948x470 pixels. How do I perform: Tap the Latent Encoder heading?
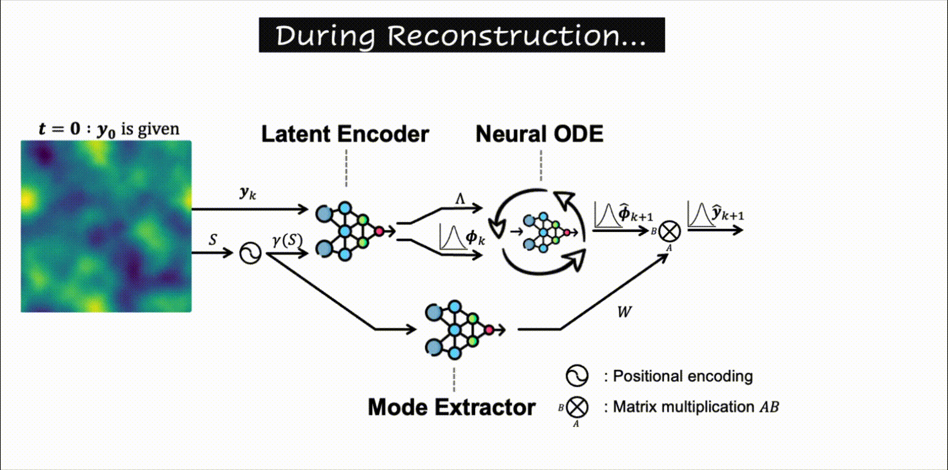[x=345, y=134]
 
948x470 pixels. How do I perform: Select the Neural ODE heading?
[x=540, y=134]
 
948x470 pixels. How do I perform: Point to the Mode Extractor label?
[x=451, y=407]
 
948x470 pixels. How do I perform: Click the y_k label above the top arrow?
[x=248, y=193]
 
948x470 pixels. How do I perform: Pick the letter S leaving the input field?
[x=213, y=240]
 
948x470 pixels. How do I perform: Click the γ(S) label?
[x=287, y=240]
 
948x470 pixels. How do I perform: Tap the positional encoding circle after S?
[x=250, y=252]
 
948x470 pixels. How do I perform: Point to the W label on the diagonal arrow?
[x=624, y=312]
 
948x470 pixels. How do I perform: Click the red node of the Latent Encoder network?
[x=380, y=231]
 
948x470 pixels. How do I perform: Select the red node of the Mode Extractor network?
[x=489, y=330]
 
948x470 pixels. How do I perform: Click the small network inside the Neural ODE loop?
[x=542, y=232]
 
